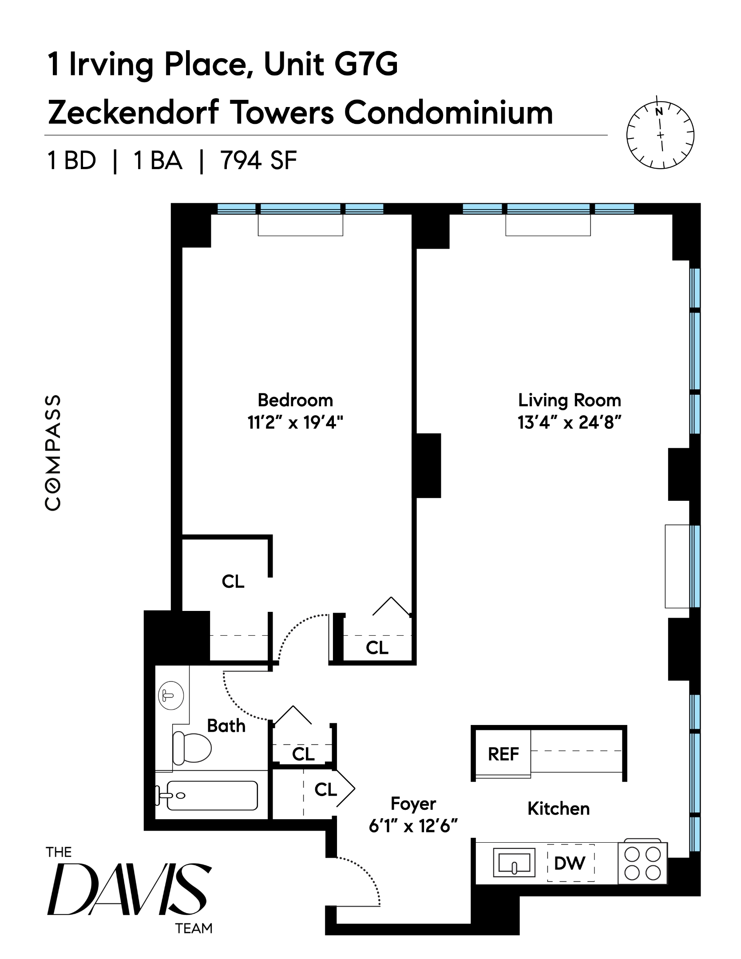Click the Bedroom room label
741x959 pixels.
295,400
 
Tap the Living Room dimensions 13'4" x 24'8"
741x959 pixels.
569,423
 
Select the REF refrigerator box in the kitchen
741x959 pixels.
503,754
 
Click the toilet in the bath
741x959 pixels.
192,748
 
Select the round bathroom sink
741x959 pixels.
171,695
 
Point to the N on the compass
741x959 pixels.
659,111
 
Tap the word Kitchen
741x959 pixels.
558,809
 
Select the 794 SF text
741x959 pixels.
259,161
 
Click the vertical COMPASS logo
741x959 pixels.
53,453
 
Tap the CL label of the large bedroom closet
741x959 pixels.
233,582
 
